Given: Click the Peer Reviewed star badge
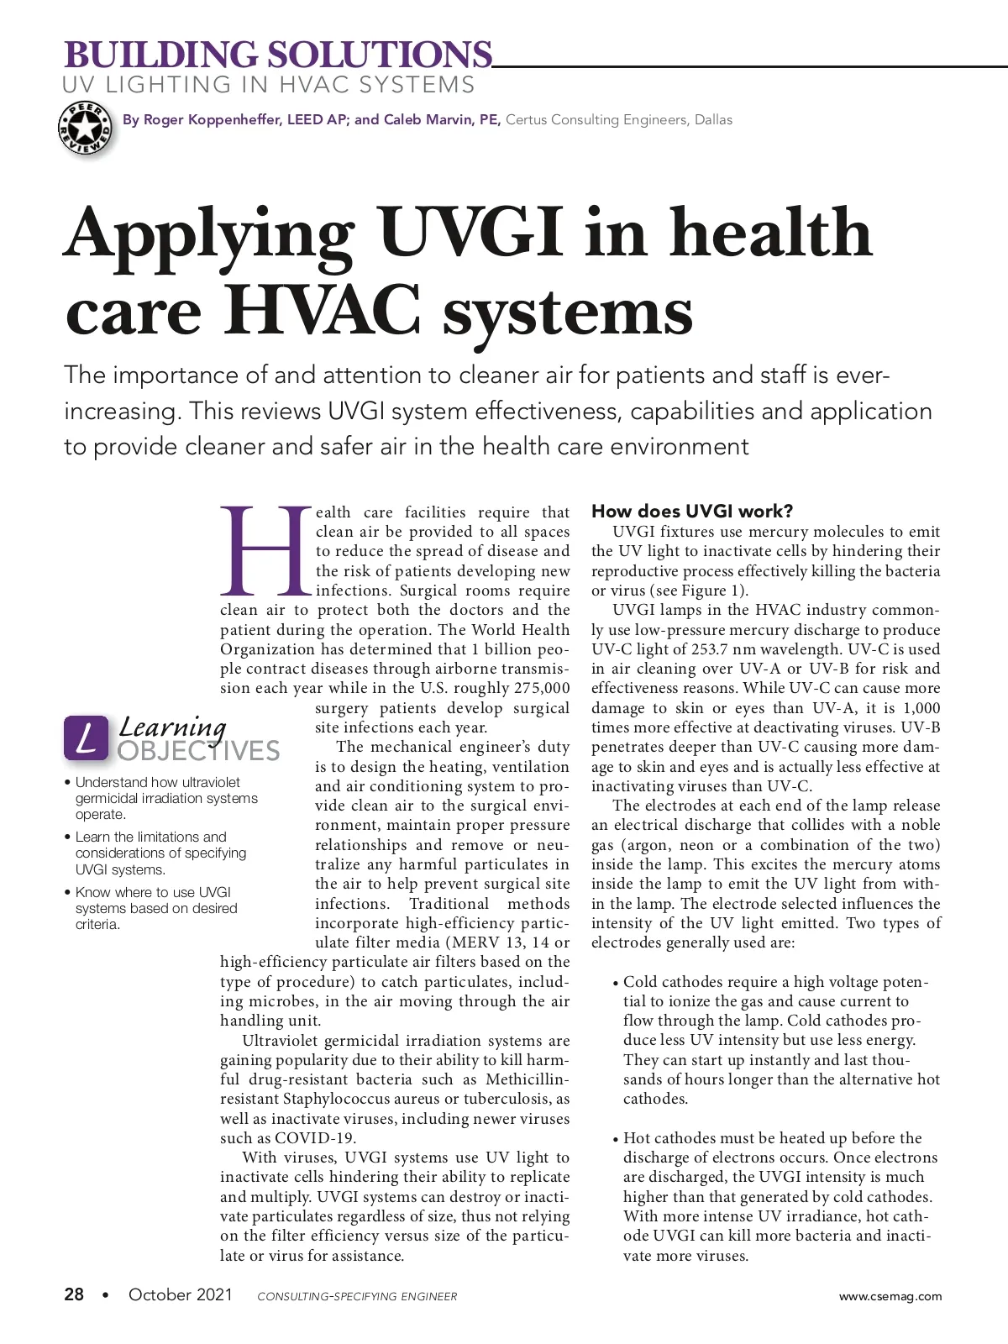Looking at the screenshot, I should pos(85,129).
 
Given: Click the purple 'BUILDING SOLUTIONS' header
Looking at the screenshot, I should pos(277,55).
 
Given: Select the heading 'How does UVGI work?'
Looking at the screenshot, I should pos(692,512).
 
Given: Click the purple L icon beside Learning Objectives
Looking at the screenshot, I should pos(86,738).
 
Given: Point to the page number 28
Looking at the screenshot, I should pos(74,1294).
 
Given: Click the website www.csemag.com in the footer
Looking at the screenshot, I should pos(890,1296).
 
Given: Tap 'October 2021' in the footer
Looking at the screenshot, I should pos(180,1294).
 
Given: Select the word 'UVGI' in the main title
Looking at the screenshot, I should pos(470,233).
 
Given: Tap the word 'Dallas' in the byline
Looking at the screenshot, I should pos(713,120).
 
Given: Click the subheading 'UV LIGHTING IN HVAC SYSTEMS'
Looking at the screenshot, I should pos(268,85).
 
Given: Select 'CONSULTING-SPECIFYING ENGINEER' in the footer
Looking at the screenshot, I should pos(357,1297).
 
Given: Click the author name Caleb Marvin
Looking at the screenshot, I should pos(429,120).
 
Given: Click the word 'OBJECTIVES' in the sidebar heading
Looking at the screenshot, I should pos(198,751).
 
